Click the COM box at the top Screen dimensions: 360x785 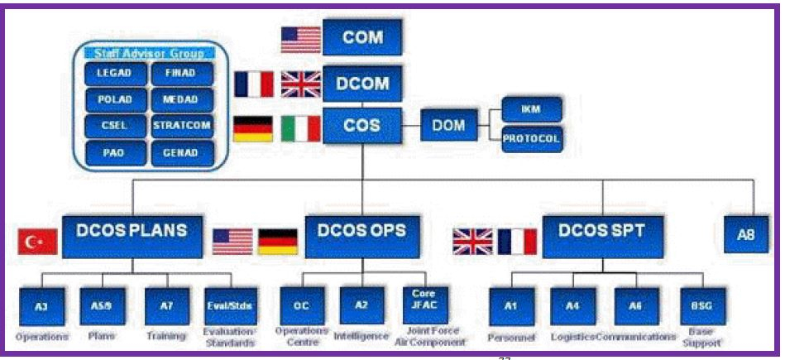click(x=362, y=38)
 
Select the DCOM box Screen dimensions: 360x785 click(x=362, y=84)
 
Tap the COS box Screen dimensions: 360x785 click(x=362, y=127)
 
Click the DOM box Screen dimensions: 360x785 click(x=448, y=127)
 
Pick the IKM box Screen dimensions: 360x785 click(x=531, y=109)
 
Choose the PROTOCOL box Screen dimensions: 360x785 click(x=531, y=139)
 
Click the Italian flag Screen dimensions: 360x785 click(x=300, y=128)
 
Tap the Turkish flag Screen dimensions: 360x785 click(x=37, y=241)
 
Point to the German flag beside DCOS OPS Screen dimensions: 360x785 click(x=278, y=241)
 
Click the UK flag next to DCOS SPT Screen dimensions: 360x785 click(x=472, y=241)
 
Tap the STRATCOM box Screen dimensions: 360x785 click(x=182, y=127)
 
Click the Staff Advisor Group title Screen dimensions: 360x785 click(x=149, y=54)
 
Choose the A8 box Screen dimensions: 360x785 click(x=745, y=234)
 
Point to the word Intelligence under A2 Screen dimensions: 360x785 click(x=361, y=337)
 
